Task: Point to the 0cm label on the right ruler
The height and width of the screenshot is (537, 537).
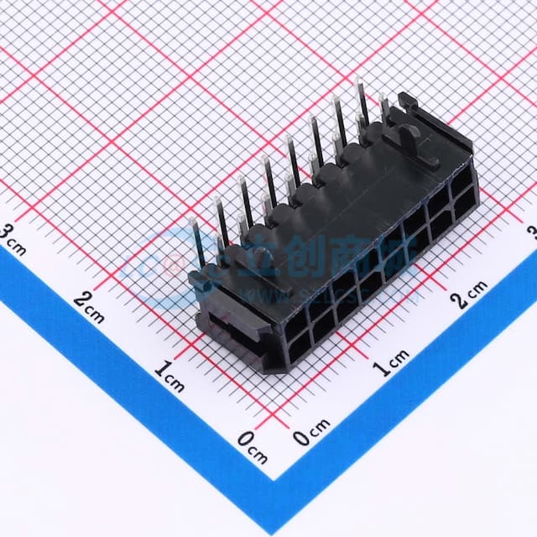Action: point(312,434)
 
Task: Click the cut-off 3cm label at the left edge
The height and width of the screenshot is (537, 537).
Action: point(12,237)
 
